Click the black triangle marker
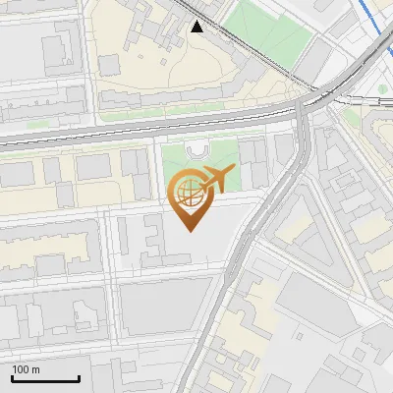coord(198,27)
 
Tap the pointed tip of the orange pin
coord(191,231)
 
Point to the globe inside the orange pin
coord(189,196)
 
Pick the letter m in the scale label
coord(36,369)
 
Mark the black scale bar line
coord(45,379)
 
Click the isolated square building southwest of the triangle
coord(111,64)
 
